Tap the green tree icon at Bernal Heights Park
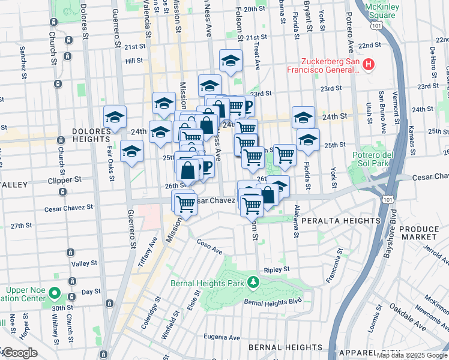click(x=253, y=281)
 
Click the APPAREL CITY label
click(x=411, y=353)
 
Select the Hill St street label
click(x=133, y=61)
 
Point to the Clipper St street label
click(x=77, y=179)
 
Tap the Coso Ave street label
click(x=209, y=245)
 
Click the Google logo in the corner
click(x=20, y=353)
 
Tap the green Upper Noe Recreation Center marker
click(x=55, y=294)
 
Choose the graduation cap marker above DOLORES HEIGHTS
click(x=115, y=117)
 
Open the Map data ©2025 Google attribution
click(x=411, y=356)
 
